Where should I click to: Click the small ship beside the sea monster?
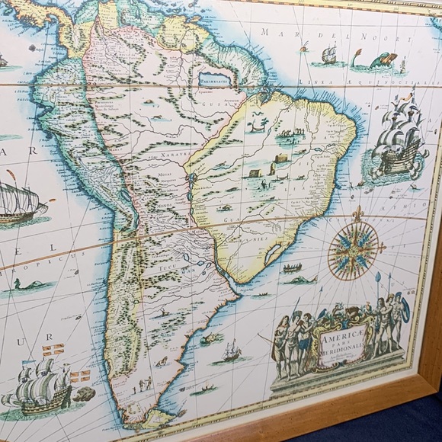pyautogui.click(x=328, y=54)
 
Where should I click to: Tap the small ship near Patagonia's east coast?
pyautogui.click(x=231, y=351)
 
